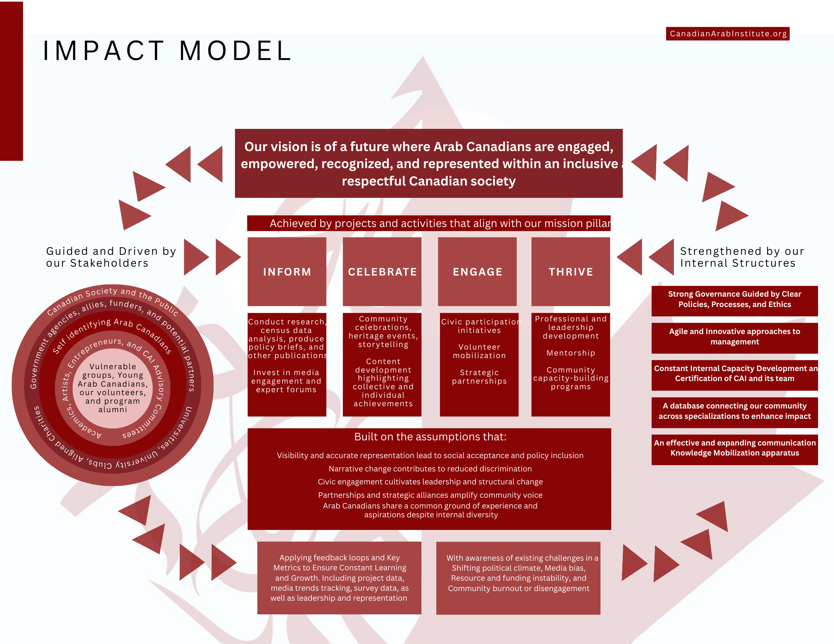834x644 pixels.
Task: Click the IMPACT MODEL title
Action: [x=167, y=51]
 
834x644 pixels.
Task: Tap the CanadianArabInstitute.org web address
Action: [x=728, y=34]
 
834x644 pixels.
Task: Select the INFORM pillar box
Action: [x=287, y=272]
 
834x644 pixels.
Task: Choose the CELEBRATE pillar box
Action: [x=382, y=272]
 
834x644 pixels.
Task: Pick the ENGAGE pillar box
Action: [x=477, y=272]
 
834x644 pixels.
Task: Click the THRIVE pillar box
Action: [x=571, y=272]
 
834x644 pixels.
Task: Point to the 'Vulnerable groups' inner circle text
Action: [x=113, y=388]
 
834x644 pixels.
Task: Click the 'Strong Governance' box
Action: [x=734, y=300]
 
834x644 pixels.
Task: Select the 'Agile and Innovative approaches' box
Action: [x=734, y=337]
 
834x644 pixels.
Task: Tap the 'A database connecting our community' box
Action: [x=734, y=411]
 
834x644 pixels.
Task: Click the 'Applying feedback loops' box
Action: [x=339, y=578]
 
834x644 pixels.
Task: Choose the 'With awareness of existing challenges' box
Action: [x=518, y=573]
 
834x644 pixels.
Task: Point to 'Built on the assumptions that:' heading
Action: [x=430, y=437]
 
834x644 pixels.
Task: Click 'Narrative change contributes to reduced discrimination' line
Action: [x=430, y=469]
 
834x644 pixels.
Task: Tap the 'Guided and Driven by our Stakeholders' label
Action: [x=111, y=257]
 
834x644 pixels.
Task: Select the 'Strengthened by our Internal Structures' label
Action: [x=742, y=257]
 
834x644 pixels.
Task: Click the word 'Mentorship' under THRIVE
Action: [x=570, y=353]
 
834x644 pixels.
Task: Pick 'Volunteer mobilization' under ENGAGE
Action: [x=479, y=351]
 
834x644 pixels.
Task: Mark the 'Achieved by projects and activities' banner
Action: [x=429, y=224]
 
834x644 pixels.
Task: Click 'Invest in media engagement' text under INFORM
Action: [x=287, y=381]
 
